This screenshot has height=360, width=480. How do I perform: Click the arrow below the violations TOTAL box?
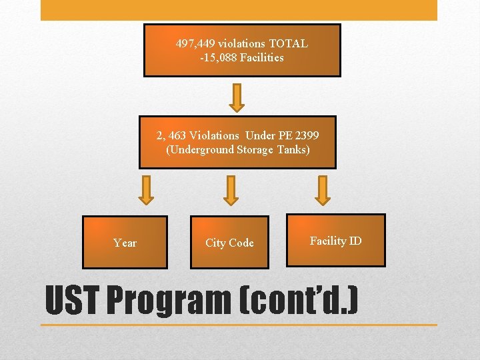pyautogui.click(x=237, y=97)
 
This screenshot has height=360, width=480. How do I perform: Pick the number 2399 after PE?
pyautogui.click(x=306, y=136)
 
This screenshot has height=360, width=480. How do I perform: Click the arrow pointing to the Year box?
pyautogui.click(x=147, y=190)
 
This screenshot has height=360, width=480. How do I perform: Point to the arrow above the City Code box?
pyautogui.click(x=231, y=190)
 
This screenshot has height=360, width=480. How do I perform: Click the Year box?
pyautogui.click(x=125, y=243)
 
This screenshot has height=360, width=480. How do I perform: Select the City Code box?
pyautogui.click(x=229, y=243)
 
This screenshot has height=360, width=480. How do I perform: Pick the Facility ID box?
pyautogui.click(x=336, y=241)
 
